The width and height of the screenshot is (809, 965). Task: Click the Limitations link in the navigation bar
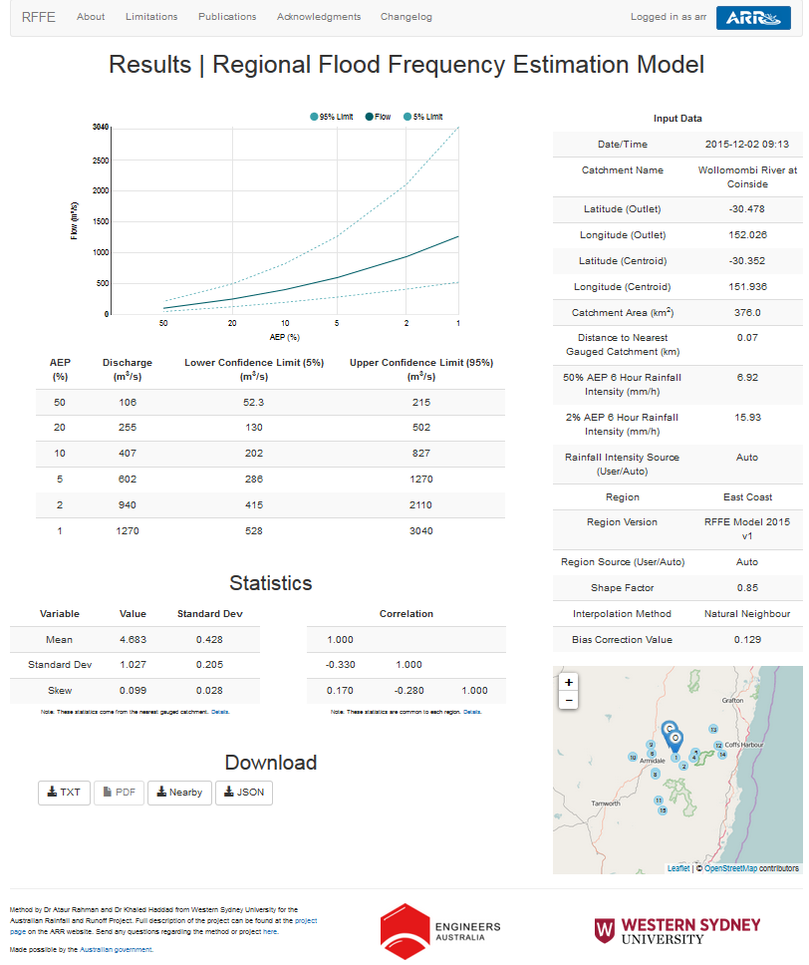151,17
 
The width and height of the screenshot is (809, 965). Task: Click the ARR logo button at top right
752,17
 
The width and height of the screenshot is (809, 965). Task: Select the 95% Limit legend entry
332,117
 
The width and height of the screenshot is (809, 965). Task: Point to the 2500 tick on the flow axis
100,160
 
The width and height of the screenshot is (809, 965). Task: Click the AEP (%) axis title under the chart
284,337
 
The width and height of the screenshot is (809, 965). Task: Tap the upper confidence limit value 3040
421,531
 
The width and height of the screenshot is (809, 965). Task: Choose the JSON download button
244,793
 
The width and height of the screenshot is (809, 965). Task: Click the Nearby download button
179,793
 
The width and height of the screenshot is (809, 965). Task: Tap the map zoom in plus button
568,683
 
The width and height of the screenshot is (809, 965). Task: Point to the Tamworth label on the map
606,804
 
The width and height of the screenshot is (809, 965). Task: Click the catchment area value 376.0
746,313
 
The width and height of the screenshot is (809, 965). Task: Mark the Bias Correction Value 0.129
746,640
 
